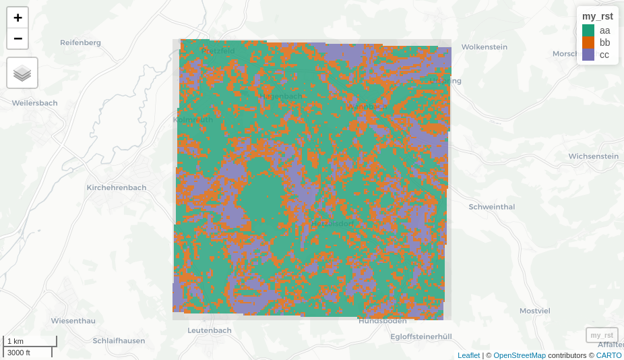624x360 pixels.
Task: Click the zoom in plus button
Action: (x=18, y=18)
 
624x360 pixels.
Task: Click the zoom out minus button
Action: (x=18, y=38)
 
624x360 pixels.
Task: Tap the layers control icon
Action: (x=22, y=73)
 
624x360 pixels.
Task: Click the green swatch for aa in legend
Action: (x=588, y=30)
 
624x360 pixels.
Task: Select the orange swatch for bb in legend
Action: (x=588, y=42)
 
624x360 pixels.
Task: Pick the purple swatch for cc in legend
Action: (x=588, y=55)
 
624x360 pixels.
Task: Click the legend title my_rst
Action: (x=597, y=16)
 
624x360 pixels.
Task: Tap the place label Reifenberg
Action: (x=80, y=42)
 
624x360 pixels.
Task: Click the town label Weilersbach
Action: (x=34, y=103)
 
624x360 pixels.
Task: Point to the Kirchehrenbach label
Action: (x=116, y=187)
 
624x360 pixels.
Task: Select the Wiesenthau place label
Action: (x=73, y=320)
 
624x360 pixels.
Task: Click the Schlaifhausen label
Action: (x=119, y=340)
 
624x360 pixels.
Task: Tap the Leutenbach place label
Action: (x=209, y=330)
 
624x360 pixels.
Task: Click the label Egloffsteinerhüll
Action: (x=420, y=336)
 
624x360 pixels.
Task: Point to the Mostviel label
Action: (x=534, y=311)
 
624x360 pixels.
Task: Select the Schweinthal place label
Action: (x=491, y=207)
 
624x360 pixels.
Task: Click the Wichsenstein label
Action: (x=593, y=156)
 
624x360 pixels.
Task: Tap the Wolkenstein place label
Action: (x=484, y=47)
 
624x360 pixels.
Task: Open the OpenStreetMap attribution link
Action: (x=519, y=355)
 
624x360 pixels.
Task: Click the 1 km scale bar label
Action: (x=15, y=341)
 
